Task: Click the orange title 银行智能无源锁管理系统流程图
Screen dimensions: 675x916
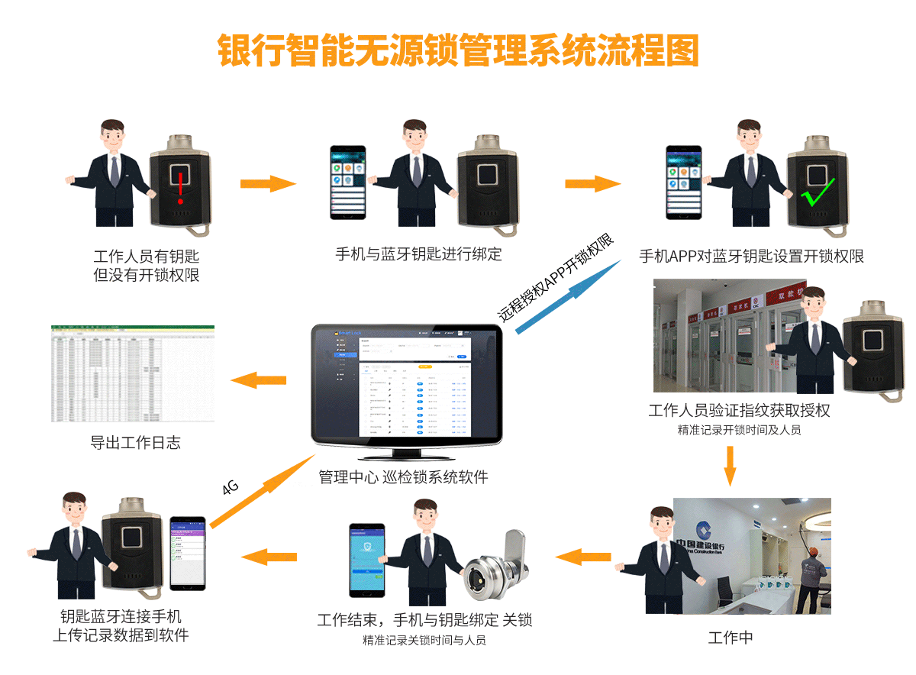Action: pyautogui.click(x=458, y=50)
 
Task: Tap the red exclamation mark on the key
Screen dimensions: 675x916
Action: pyautogui.click(x=180, y=188)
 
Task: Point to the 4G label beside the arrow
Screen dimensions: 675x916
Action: pyautogui.click(x=231, y=487)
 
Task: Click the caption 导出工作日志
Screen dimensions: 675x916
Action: pyautogui.click(x=135, y=442)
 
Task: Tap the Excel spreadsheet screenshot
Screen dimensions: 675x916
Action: pyautogui.click(x=133, y=373)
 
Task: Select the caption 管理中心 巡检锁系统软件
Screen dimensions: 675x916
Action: pyautogui.click(x=403, y=477)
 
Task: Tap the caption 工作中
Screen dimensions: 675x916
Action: pyautogui.click(x=731, y=638)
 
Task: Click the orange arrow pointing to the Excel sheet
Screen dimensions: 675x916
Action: pyautogui.click(x=259, y=379)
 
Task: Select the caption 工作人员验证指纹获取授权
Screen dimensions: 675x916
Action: pyautogui.click(x=739, y=410)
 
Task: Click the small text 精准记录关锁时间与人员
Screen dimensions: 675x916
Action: pyautogui.click(x=424, y=640)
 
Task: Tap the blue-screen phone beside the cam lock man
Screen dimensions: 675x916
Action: pyautogui.click(x=366, y=560)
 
